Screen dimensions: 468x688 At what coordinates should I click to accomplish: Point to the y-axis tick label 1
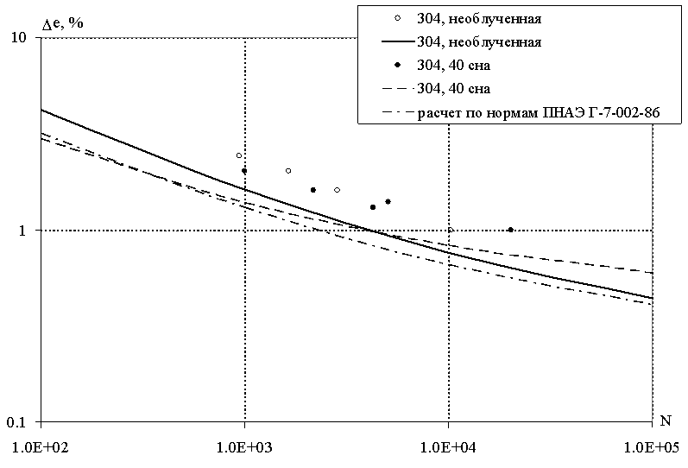point(26,231)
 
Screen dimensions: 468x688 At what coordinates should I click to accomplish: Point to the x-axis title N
point(666,421)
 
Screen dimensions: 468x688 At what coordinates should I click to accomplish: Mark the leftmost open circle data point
point(239,155)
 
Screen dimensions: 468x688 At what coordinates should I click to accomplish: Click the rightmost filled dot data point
point(511,230)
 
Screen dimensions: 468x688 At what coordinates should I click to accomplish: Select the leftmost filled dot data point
point(244,171)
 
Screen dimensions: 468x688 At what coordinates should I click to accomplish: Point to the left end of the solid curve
point(41,110)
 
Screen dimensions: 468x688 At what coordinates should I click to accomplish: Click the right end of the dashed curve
point(652,273)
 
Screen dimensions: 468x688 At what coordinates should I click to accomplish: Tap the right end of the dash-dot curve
point(652,304)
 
